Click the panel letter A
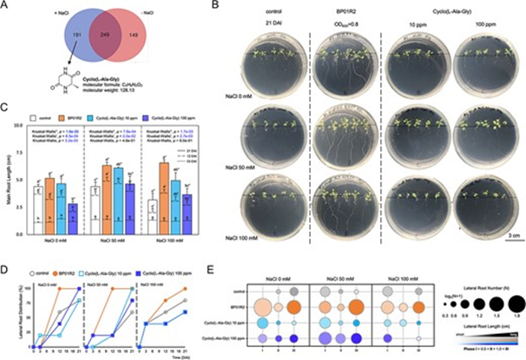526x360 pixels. coord(7,7)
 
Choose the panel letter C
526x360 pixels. coord(7,108)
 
